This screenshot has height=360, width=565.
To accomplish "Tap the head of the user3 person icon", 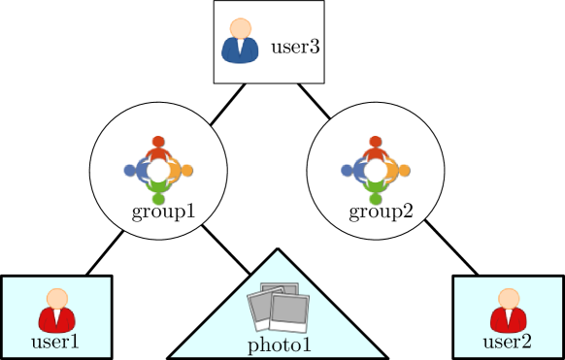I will [x=240, y=28].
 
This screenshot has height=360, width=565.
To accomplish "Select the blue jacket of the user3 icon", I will [x=240, y=50].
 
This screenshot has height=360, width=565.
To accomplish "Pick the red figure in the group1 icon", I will [x=158, y=147].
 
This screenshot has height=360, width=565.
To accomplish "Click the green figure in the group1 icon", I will [x=158, y=193].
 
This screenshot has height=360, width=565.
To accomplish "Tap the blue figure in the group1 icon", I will [x=136, y=171].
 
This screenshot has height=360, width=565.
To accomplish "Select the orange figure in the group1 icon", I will [x=181, y=171].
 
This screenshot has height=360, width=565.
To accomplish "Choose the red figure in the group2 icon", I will [x=376, y=147].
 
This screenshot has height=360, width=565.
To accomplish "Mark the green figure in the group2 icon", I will [x=376, y=193].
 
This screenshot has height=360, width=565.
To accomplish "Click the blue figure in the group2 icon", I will [x=353, y=171].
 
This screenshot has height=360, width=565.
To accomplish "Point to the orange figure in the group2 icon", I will [x=398, y=171].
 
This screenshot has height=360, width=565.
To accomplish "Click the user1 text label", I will [x=55, y=342].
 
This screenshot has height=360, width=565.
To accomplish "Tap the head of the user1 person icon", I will [x=57, y=298].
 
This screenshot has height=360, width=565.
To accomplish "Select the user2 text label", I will [x=507, y=342].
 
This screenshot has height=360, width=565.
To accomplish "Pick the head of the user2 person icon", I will [x=509, y=298].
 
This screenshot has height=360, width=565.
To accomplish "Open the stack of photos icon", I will [x=279, y=309].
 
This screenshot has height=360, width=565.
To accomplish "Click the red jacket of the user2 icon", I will [x=509, y=319].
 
